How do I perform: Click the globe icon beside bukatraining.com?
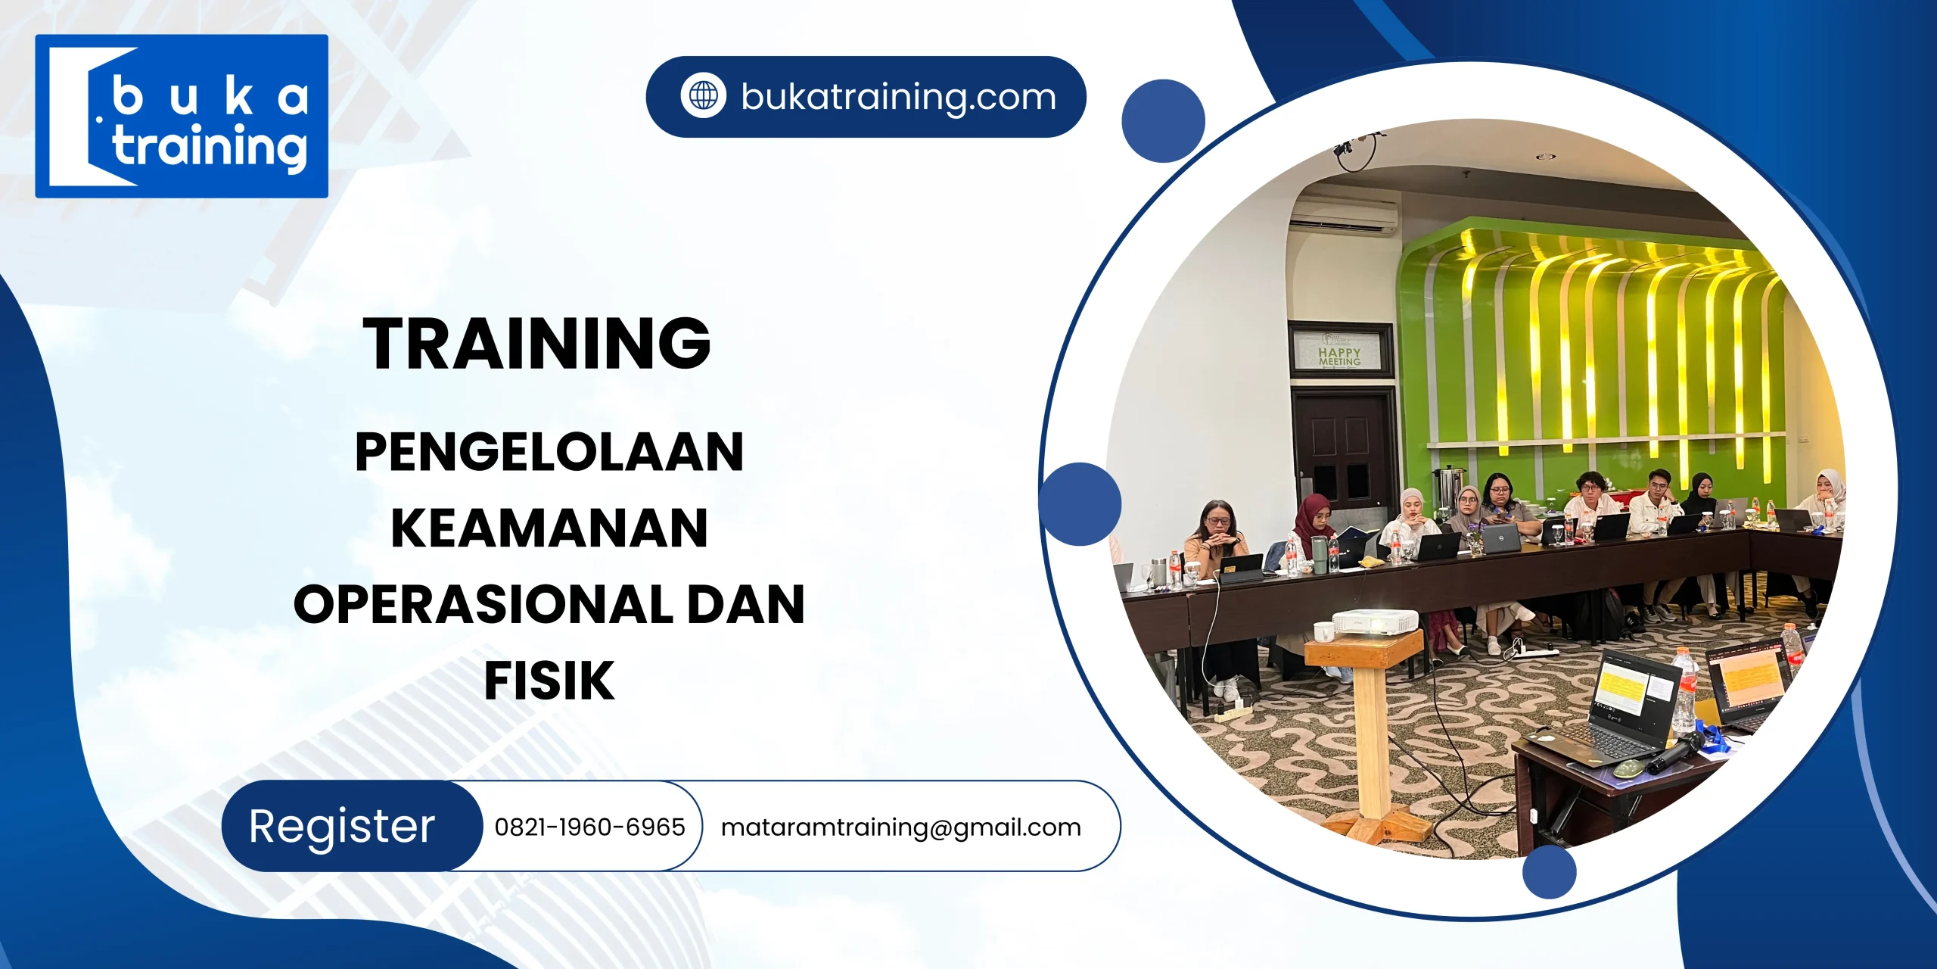tap(703, 96)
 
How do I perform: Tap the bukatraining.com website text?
tap(898, 97)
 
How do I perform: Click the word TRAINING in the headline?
tap(536, 344)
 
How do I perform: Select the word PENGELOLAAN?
tap(549, 452)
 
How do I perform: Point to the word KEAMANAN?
tap(549, 528)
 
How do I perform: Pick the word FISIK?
tap(549, 681)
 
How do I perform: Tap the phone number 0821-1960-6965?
tap(589, 827)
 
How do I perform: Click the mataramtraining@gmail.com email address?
tap(900, 827)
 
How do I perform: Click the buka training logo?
tap(182, 116)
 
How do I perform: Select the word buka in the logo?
tap(210, 98)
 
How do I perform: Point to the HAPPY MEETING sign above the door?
tap(1339, 356)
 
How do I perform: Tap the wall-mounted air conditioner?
tap(1343, 217)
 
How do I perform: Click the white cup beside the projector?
tap(1323, 631)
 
